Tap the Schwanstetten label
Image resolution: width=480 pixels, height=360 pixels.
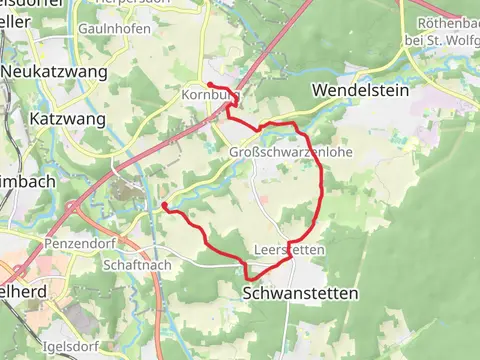300,293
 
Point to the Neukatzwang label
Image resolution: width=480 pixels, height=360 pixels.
48,72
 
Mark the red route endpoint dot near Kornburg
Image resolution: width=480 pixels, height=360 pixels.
209,85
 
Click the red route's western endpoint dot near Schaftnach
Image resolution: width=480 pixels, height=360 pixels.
164,206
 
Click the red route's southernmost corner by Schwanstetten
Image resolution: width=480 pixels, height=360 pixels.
247,277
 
